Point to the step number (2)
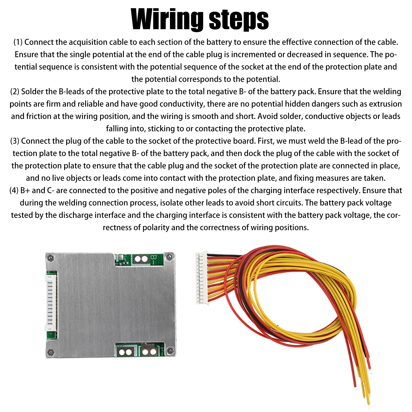coord(15,91)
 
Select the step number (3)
coord(15,141)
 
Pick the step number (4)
coord(14,190)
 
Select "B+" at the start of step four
coord(25,190)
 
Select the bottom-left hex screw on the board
coord(51,351)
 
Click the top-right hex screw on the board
coord(169,256)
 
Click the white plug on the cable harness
coord(202,278)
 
